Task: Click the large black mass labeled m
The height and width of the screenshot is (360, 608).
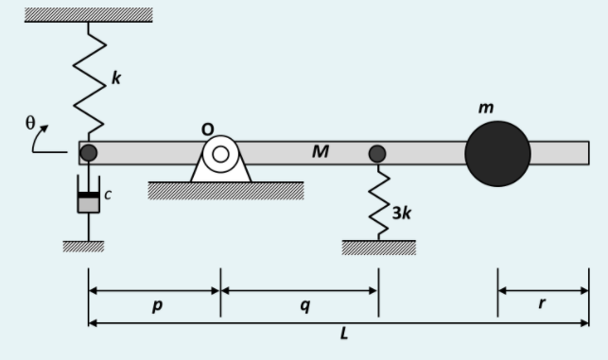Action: point(497,153)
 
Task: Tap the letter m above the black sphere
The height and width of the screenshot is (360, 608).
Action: point(486,109)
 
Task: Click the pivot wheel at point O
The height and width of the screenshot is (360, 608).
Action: point(220,153)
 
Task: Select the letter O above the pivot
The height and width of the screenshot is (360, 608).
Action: point(208,128)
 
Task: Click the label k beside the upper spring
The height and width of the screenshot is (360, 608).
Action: point(116,78)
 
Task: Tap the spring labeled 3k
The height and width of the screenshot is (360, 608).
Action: point(378,202)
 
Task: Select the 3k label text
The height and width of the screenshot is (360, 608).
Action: point(401,213)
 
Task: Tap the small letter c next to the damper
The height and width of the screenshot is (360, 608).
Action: point(108,196)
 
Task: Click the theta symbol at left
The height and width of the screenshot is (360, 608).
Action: point(30,123)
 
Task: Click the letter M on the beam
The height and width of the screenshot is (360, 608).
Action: point(321,151)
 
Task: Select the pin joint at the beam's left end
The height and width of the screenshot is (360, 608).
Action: point(88,152)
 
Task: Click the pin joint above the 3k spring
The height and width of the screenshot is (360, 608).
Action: point(377,153)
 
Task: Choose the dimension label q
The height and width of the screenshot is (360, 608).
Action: point(304,306)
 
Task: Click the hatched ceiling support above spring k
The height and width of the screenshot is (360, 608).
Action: point(88,14)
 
